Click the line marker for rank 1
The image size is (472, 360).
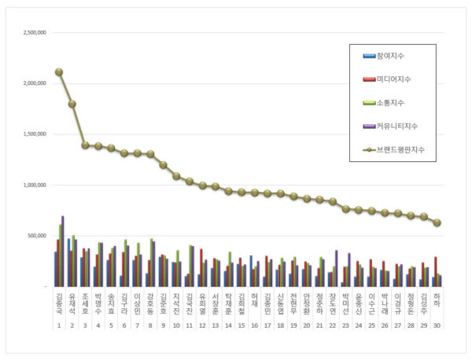coord(59,72)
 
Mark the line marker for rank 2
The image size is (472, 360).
coord(72,104)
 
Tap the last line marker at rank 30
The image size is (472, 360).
coord(437,223)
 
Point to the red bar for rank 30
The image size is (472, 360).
coord(436,271)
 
